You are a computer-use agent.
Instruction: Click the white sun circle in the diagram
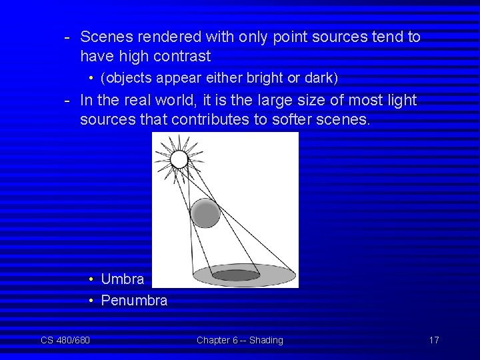[x=179, y=159]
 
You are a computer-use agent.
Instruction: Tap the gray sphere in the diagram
[x=205, y=213]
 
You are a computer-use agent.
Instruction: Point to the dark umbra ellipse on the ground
[x=236, y=275]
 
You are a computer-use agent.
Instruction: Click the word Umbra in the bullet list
[x=122, y=279]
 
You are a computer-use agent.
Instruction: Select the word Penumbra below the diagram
[x=134, y=301]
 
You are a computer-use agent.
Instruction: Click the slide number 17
[x=433, y=340]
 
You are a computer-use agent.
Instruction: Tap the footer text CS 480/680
[x=65, y=340]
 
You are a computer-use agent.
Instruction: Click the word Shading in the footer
[x=266, y=340]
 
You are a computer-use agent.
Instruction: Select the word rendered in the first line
[x=161, y=37]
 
